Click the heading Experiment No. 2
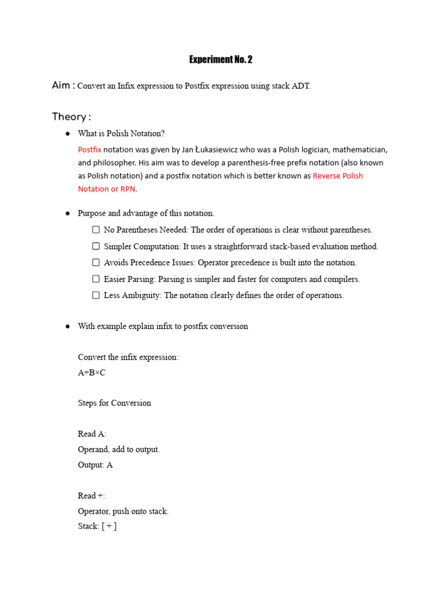[x=221, y=60]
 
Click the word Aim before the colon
[x=61, y=85]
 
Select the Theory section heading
[x=71, y=117]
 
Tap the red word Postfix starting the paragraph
[x=89, y=150]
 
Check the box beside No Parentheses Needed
[x=96, y=230]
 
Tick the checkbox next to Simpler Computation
[x=96, y=246]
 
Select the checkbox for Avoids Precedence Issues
[x=96, y=262]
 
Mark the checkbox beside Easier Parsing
[x=96, y=279]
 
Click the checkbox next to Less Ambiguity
[x=96, y=295]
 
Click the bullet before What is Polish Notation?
[x=67, y=133]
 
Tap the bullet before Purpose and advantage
[x=67, y=213]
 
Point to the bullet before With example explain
[x=67, y=326]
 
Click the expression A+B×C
[x=92, y=373]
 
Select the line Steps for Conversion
[x=115, y=403]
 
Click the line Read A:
[x=92, y=434]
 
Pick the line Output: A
[x=95, y=465]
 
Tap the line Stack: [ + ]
[x=97, y=526]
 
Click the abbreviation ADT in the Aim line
[x=301, y=86]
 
